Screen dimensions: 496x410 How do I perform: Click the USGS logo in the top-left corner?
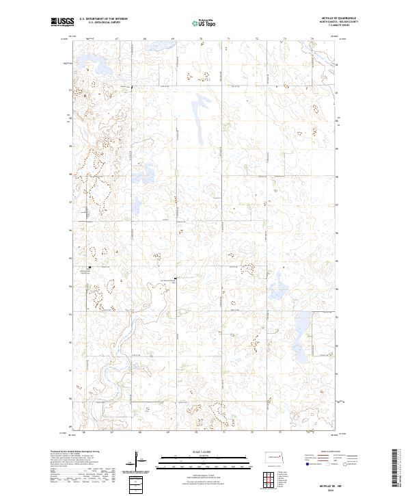click(62, 23)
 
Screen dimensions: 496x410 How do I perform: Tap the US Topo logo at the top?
click(204, 24)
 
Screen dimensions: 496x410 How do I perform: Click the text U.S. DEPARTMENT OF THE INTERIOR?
click(103, 19)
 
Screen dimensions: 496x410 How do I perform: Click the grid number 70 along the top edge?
click(201, 39)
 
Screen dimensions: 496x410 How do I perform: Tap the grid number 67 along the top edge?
click(117, 39)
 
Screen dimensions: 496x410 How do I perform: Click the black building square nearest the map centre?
click(175, 278)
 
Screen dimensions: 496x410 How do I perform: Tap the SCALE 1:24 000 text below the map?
click(204, 452)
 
